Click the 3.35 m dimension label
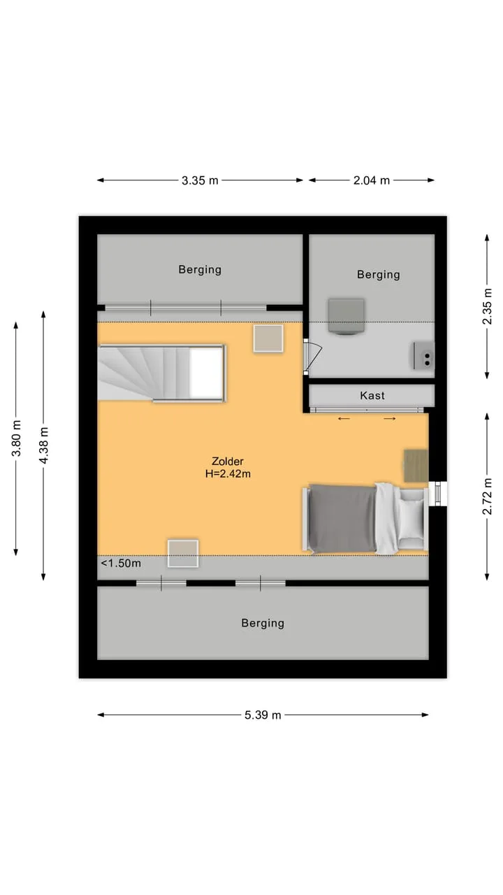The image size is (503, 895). click(x=200, y=180)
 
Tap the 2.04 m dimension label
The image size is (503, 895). click(x=371, y=180)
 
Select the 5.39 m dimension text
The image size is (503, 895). click(x=263, y=715)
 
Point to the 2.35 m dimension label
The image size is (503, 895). click(x=487, y=306)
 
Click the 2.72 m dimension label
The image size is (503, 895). click(x=487, y=496)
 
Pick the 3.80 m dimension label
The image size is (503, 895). click(x=16, y=438)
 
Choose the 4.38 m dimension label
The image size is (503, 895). click(x=43, y=445)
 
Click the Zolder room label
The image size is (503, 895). click(x=228, y=461)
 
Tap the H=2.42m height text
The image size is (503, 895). click(x=228, y=474)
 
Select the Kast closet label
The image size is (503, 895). click(x=372, y=396)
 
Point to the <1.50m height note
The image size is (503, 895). click(x=121, y=564)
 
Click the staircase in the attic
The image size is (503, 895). click(x=161, y=373)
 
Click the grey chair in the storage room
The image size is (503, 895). click(x=346, y=315)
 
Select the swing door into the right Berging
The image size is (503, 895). click(x=312, y=356)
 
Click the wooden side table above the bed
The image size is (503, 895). click(x=416, y=466)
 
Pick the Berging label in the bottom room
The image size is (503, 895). click(x=263, y=623)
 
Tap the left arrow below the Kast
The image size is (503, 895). click(x=344, y=419)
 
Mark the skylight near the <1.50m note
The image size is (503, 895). click(x=183, y=553)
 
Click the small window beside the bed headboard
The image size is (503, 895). click(x=437, y=494)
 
